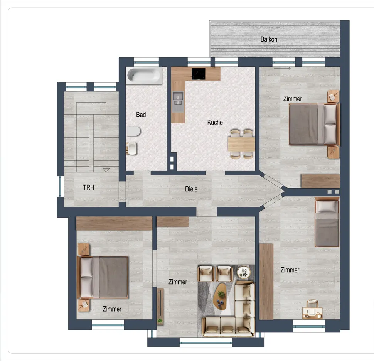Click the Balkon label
[x=269, y=39]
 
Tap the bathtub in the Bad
[x=144, y=75]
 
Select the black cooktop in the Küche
[x=199, y=74]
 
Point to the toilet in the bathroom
[x=133, y=131]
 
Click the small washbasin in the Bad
[x=131, y=148]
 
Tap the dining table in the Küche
[x=241, y=144]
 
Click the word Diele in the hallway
[x=191, y=189]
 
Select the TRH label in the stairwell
[x=89, y=187]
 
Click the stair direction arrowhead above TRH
[x=106, y=170]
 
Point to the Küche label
[x=215, y=122]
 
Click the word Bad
[x=141, y=115]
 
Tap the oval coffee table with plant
[x=220, y=296]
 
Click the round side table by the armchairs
[x=244, y=272]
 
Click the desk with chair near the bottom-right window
[x=312, y=310]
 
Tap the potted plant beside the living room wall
[x=160, y=321]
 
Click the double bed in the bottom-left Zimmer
[x=103, y=277]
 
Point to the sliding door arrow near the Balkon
[x=282, y=69]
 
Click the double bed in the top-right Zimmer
[x=314, y=124]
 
